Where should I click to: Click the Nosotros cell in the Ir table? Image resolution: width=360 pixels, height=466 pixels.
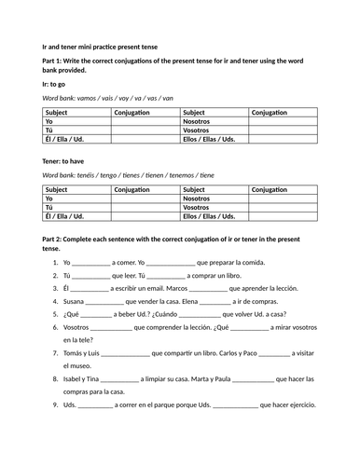198,120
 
